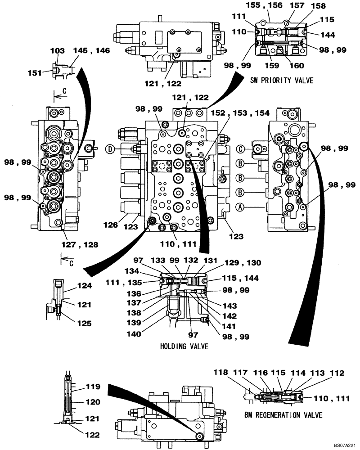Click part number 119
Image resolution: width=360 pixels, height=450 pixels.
93,387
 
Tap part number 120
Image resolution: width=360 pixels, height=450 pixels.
93,402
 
